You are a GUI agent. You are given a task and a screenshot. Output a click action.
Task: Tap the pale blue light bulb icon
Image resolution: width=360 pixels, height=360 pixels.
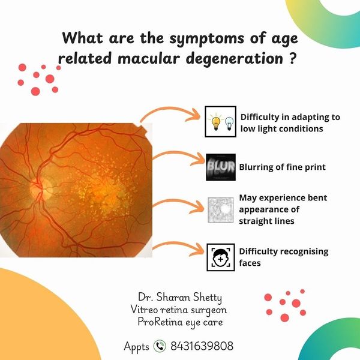pos(229,123)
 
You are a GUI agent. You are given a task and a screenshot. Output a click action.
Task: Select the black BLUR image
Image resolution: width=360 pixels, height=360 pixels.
pos(221,167)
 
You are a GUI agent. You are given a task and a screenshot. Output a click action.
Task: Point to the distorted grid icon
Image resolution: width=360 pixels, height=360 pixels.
pos(221,210)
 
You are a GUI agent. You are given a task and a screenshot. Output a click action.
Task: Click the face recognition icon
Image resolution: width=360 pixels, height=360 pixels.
pos(221,257)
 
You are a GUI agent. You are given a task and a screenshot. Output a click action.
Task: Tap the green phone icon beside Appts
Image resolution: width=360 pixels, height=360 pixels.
pos(160,346)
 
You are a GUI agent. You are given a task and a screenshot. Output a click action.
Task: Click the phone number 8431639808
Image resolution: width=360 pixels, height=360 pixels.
pos(202,346)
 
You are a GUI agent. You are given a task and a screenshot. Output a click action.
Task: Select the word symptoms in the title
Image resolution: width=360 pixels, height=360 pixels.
pos(206,38)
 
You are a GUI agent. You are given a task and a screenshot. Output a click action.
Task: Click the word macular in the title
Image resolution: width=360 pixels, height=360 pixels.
pos(148,58)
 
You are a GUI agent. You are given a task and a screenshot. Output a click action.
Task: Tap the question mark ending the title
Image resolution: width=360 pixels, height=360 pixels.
pos(290,58)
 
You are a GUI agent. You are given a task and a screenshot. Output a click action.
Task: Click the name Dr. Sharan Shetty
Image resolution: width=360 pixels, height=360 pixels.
pos(180,298)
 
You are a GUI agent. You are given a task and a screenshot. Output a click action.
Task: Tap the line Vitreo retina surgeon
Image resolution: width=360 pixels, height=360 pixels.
pos(179,310)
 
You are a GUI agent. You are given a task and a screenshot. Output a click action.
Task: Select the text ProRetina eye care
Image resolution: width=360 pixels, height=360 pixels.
pos(181,322)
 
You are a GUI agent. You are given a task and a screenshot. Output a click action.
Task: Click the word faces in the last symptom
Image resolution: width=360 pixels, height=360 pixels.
pos(250,263)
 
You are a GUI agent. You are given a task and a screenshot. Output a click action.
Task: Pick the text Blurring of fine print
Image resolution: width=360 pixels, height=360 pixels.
pos(283,167)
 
